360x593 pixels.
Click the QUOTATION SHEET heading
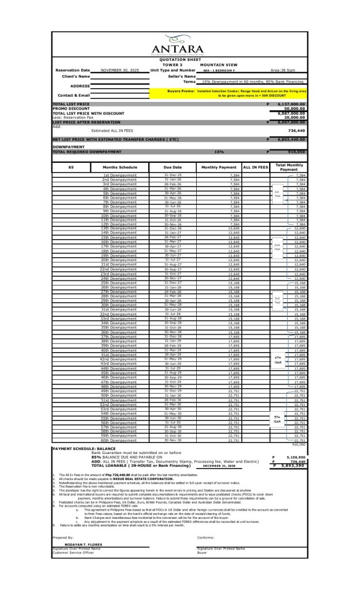click(180, 60)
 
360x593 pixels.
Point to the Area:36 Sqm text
click(284, 70)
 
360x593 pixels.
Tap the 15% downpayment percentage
click(219, 152)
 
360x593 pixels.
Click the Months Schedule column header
click(120, 167)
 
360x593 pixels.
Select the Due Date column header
click(172, 167)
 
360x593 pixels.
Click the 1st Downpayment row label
click(120, 174)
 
